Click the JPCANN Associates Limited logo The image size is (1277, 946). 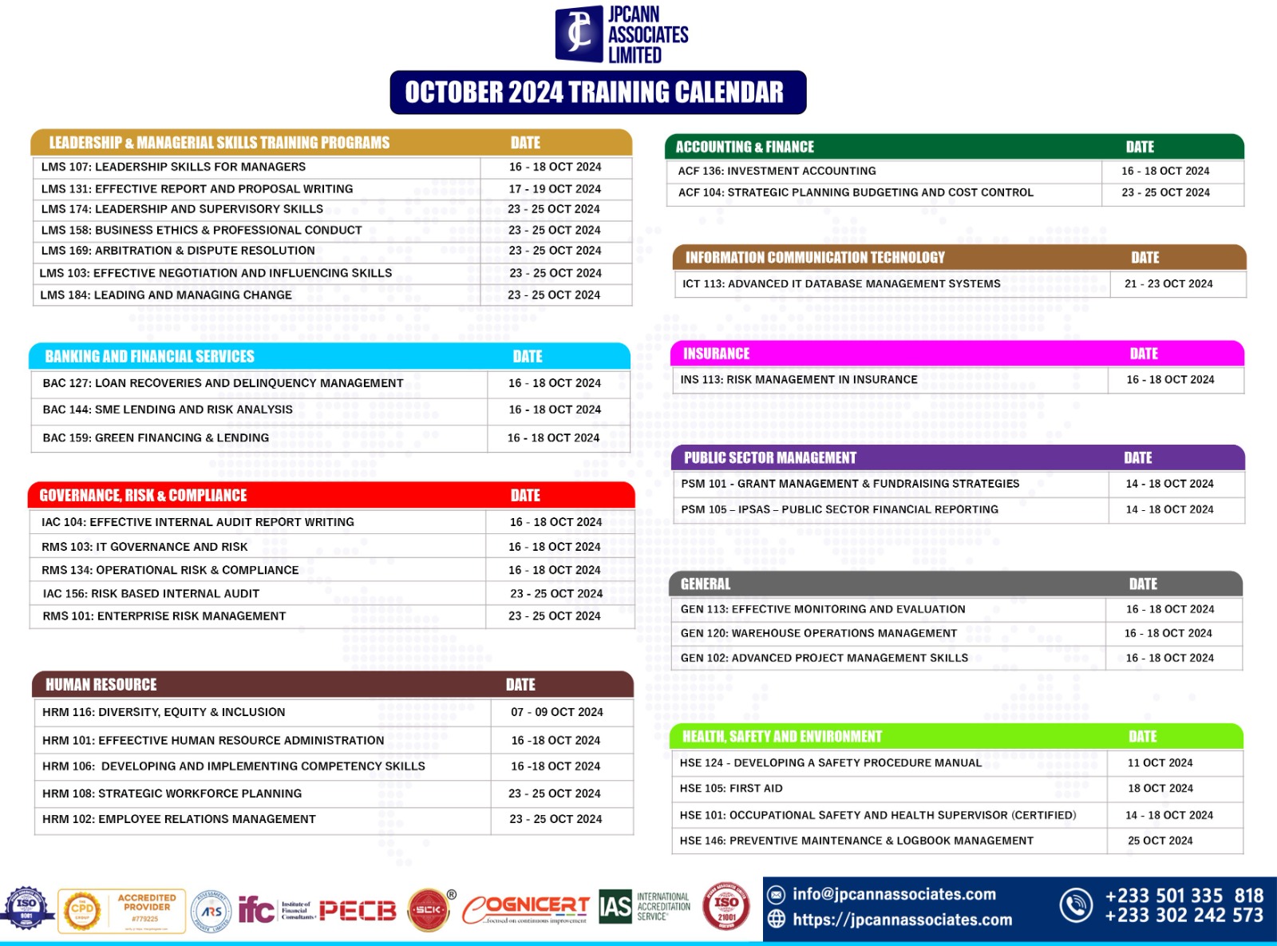pos(621,34)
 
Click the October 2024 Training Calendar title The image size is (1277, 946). pos(597,93)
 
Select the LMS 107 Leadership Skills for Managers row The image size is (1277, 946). pos(173,167)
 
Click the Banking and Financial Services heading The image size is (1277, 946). pos(149,357)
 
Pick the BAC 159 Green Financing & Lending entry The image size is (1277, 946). pos(156,438)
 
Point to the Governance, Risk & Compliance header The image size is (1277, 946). pos(143,496)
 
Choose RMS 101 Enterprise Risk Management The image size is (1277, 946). pos(164,616)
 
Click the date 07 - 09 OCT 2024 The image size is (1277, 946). pos(556,712)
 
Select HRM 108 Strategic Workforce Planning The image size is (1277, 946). pos(172,794)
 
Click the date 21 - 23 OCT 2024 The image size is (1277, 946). pos(1168,284)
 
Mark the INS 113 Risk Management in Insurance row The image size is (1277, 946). pos(799,380)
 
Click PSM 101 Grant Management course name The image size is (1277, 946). pos(850,484)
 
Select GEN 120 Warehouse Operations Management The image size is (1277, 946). pos(818,634)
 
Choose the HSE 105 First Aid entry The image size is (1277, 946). pos(731,789)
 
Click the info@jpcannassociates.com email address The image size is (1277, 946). pos(894,895)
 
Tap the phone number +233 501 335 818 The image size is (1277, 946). pos(1184,897)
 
